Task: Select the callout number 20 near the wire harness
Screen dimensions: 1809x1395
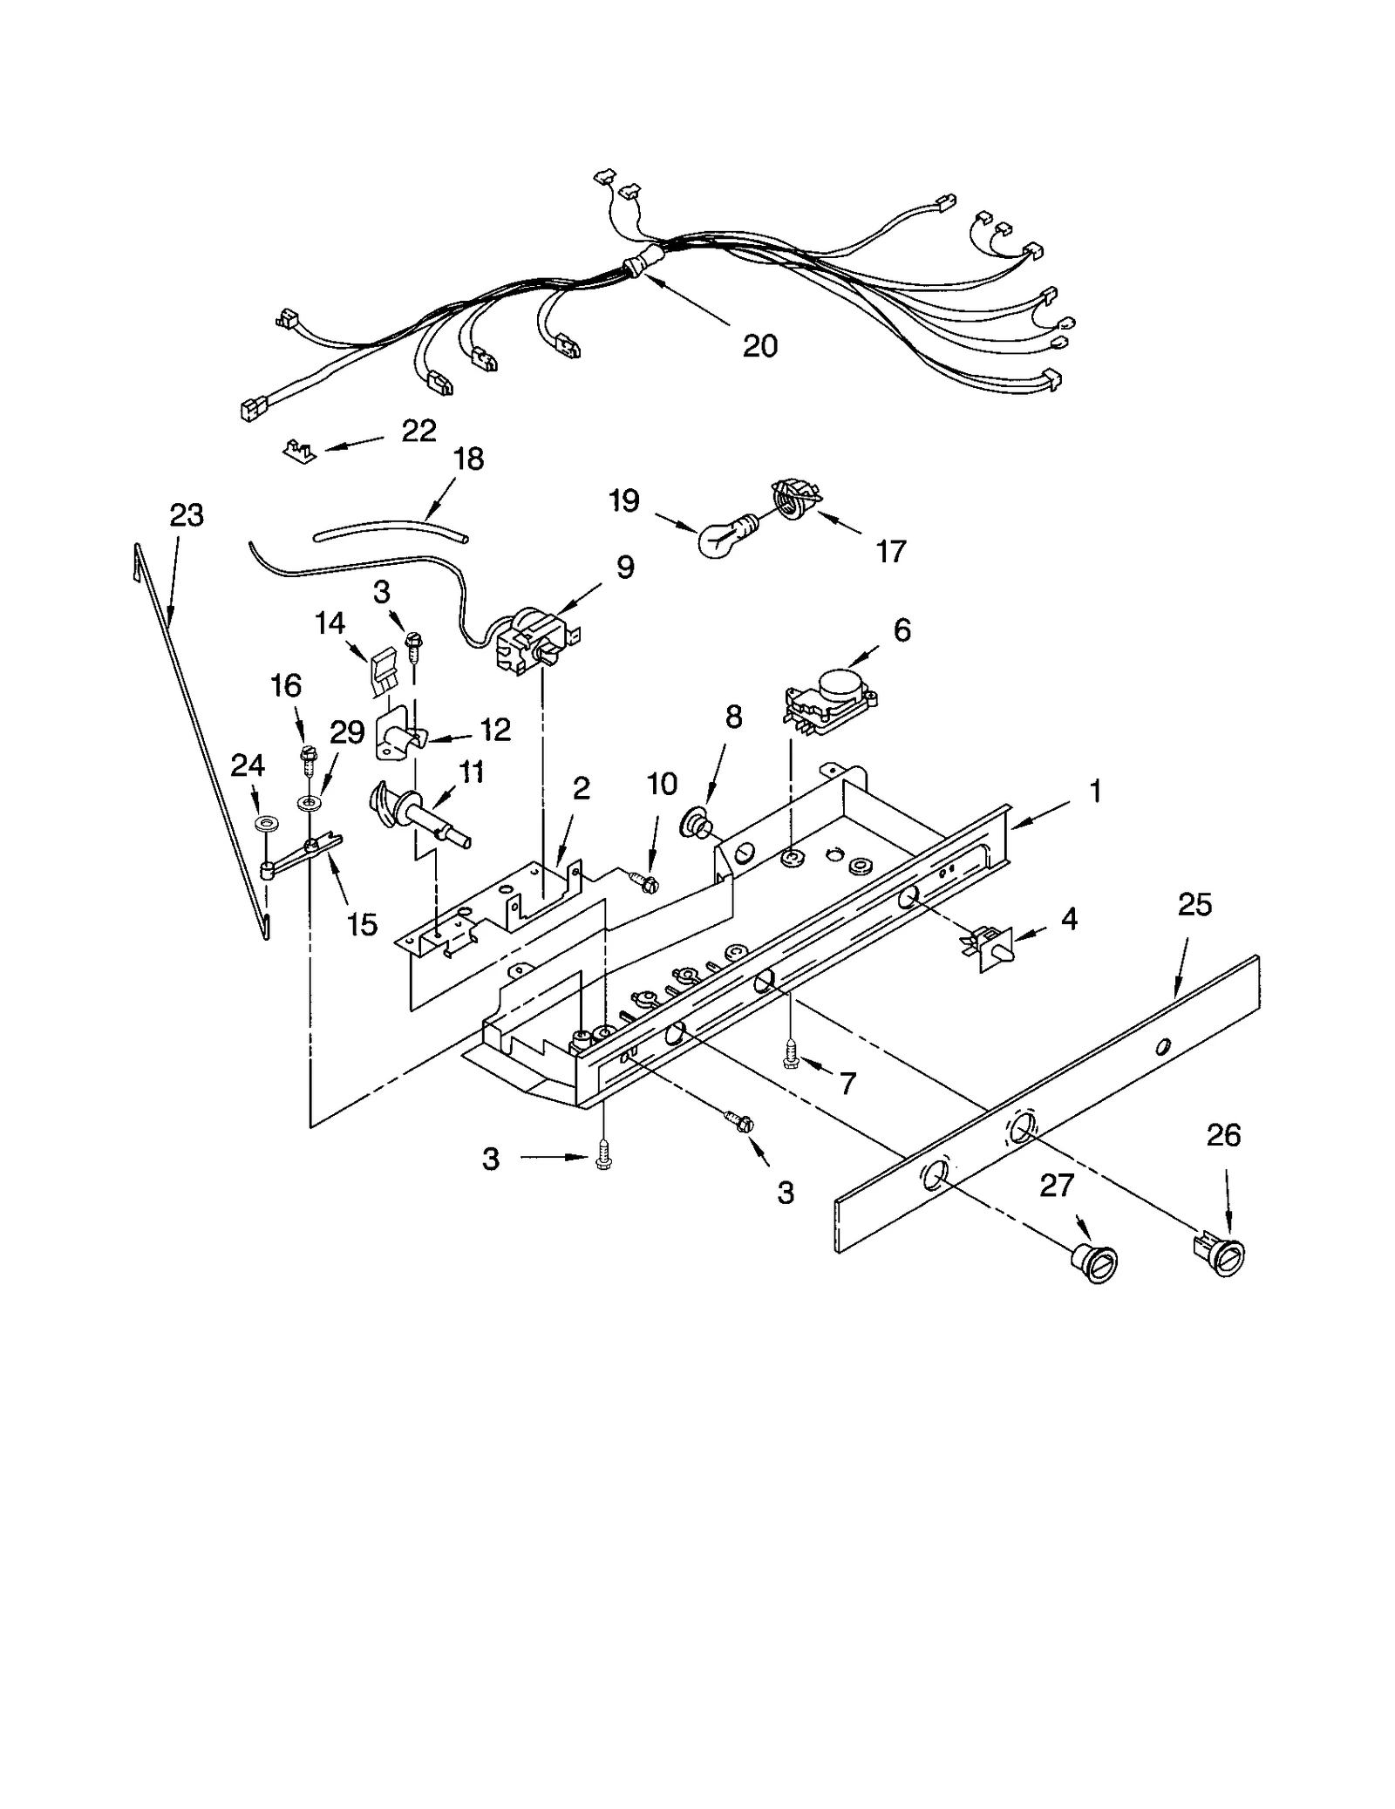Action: (x=759, y=346)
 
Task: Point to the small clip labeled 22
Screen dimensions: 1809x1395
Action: (x=297, y=451)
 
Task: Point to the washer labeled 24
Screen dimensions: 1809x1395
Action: (x=262, y=823)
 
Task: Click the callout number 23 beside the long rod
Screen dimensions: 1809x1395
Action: (x=186, y=515)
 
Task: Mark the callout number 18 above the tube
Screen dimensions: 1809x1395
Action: (x=468, y=459)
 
